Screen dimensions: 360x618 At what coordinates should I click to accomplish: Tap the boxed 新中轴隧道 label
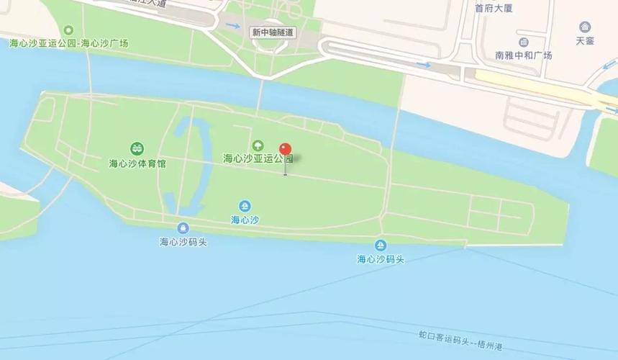tap(273, 32)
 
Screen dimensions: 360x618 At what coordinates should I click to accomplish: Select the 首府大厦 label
tap(494, 9)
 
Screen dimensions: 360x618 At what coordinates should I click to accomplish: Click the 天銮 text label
tap(585, 41)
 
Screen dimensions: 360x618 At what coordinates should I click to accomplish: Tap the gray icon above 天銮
tap(585, 27)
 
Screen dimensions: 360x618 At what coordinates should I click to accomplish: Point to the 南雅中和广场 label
tap(524, 55)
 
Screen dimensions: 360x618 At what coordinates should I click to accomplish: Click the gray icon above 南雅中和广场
tap(524, 42)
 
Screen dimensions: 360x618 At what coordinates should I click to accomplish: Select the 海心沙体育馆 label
tap(137, 163)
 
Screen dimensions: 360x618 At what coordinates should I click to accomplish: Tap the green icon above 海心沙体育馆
tap(137, 149)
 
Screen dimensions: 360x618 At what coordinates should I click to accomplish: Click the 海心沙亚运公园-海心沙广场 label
tap(68, 43)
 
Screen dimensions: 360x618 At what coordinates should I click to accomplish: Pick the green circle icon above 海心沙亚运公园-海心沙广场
tap(68, 30)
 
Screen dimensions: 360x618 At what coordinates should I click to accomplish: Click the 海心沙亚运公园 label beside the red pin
tap(258, 158)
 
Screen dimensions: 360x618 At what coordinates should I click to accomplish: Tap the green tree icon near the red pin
tap(258, 146)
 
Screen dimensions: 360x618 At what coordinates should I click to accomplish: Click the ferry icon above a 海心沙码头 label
tap(183, 228)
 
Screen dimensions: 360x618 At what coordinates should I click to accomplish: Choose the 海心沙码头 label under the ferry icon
tap(183, 242)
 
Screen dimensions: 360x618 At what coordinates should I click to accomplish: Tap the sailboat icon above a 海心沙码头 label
tap(381, 246)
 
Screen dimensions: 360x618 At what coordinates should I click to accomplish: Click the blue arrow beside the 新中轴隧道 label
tap(232, 26)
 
